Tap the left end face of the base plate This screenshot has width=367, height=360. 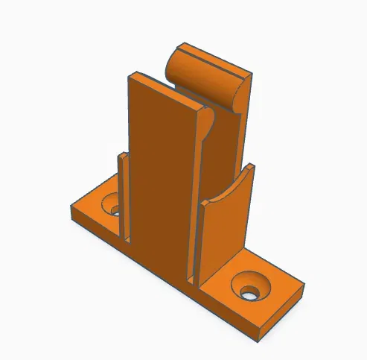tap(73, 215)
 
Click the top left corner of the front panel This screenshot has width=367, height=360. tap(131, 76)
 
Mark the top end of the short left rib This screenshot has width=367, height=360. tap(119, 155)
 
